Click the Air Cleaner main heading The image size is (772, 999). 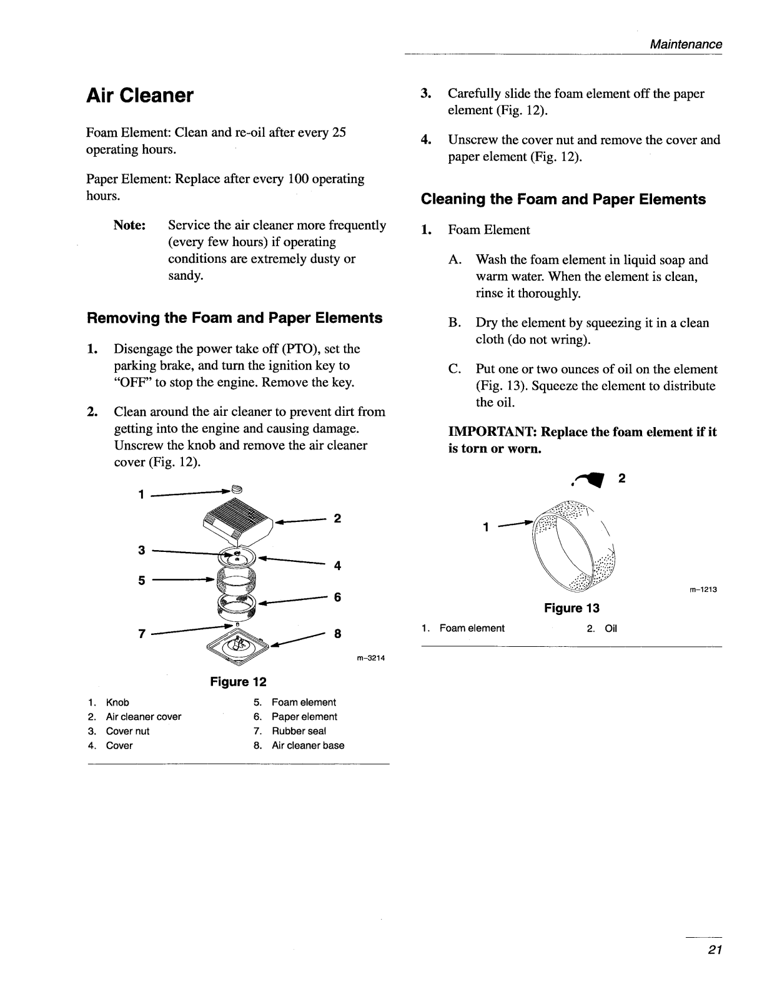140,96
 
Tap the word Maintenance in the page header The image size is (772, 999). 686,44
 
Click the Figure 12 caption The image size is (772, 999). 238,681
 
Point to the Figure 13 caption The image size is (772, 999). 572,608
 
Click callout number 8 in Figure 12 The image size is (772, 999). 337,634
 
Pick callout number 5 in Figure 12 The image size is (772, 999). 142,581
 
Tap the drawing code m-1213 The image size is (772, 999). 703,589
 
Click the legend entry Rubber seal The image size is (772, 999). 299,731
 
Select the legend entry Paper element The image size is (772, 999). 304,717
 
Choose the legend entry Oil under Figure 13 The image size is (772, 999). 610,628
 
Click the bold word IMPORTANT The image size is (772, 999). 492,432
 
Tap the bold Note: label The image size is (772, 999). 130,225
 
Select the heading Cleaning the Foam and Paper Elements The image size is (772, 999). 563,200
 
